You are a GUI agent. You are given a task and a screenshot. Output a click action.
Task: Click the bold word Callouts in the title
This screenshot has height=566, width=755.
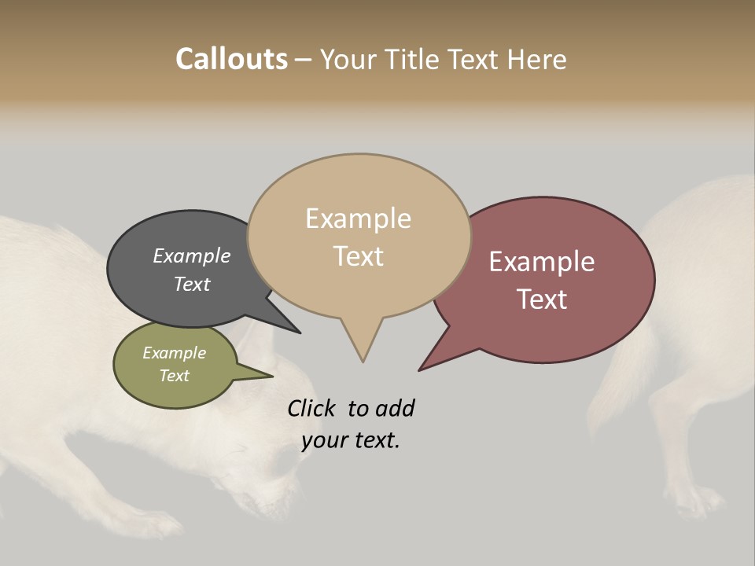click(x=231, y=59)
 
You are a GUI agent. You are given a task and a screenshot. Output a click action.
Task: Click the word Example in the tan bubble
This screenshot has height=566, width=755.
click(x=358, y=219)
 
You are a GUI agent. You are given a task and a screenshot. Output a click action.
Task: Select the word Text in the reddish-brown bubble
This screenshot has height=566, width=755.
click(x=542, y=299)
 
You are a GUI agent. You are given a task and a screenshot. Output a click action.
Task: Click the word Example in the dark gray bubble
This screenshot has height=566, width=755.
click(x=192, y=255)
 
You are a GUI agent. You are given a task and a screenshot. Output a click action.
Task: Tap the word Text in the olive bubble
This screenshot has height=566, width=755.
click(x=174, y=376)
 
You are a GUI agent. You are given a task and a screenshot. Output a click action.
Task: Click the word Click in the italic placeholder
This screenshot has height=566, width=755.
click(x=312, y=408)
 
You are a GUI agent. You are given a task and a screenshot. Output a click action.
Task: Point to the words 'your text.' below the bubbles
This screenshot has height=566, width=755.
click(x=351, y=440)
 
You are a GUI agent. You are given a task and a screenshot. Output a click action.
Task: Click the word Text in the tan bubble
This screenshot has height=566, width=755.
click(x=359, y=256)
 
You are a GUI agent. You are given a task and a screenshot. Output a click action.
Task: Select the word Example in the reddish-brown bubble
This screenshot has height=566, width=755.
click(x=542, y=261)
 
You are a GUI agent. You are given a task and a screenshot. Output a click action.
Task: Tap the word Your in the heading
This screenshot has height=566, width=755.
click(x=348, y=59)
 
